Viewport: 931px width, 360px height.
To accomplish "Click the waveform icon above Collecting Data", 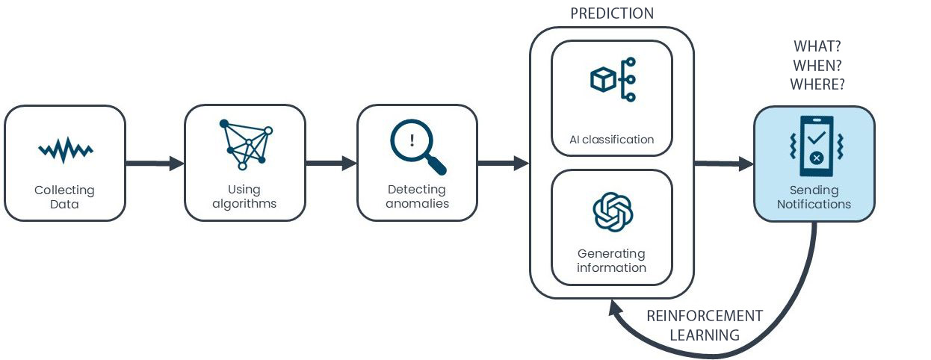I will tap(66, 151).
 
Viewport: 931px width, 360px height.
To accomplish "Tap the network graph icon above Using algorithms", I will tap(246, 143).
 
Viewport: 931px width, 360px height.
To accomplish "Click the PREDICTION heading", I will tap(611, 13).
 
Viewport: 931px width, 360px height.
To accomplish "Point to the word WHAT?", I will tap(817, 46).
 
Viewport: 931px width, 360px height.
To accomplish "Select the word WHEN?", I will tap(817, 66).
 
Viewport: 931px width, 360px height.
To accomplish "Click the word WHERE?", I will tap(817, 84).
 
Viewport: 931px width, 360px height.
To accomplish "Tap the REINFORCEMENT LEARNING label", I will tap(704, 325).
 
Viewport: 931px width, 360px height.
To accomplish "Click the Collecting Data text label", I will tap(65, 197).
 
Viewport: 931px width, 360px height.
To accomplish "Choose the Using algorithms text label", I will tap(246, 196).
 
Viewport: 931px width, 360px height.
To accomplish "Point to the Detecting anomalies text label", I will tap(417, 196).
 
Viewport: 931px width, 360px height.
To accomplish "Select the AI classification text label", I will tap(612, 139).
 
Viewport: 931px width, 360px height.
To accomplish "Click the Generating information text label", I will tap(612, 261).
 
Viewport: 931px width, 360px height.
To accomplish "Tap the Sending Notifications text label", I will tap(814, 197).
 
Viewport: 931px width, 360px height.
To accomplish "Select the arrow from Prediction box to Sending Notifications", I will tap(723, 163).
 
